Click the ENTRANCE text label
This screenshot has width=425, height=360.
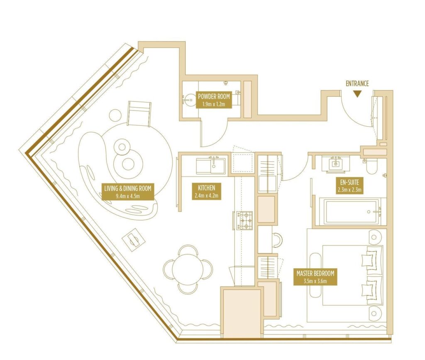tap(357, 83)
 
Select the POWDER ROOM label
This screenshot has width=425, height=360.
tap(214, 100)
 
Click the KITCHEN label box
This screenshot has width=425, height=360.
tap(207, 191)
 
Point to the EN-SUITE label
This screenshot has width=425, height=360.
tap(349, 186)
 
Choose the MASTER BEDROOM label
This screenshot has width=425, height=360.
tap(315, 277)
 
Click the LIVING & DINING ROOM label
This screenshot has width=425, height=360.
tap(128, 192)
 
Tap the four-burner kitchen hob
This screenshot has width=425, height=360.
tap(245, 220)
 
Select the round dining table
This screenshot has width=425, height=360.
tap(187, 269)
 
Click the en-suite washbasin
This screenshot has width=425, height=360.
tap(336, 164)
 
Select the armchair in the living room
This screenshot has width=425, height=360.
tap(139, 114)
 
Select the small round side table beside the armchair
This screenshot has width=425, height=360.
tap(115, 115)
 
